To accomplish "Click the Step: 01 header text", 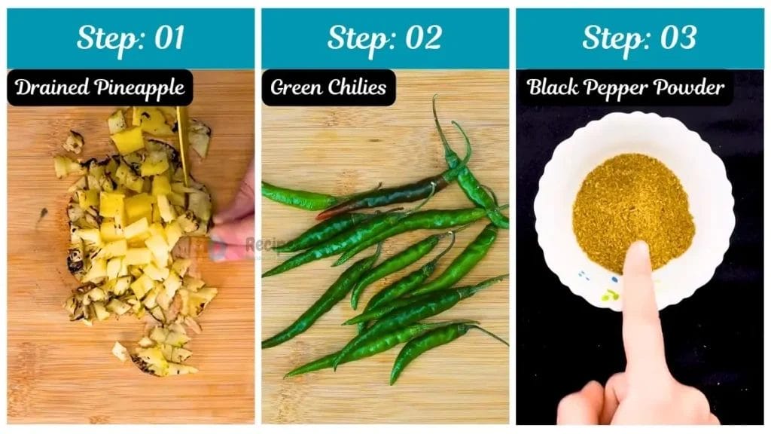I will pos(130,38).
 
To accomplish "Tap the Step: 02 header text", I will pos(384,38).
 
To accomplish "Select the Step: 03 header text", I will pos(638,38).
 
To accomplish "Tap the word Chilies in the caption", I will pos(358,87).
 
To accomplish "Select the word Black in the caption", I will pos(554,87).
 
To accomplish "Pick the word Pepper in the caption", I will pos(620,88).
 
